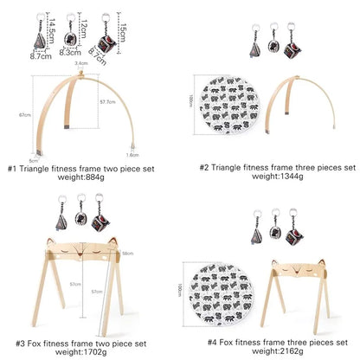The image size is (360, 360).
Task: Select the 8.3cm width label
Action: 74,52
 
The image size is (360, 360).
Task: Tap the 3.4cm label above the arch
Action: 80,64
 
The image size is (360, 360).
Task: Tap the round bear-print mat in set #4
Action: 227,292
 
